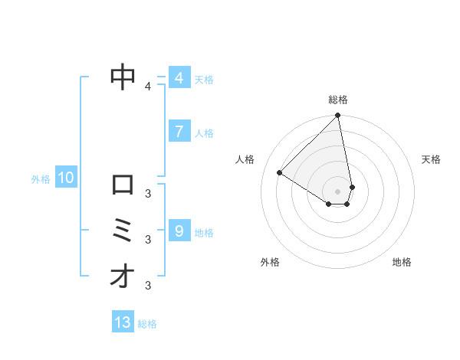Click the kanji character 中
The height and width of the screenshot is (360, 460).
pos(123,77)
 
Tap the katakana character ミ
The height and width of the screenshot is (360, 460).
pos(123,231)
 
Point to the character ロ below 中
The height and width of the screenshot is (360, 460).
pos(123,185)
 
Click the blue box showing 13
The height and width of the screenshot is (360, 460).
pos(123,322)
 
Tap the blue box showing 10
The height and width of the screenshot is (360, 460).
pos(66,178)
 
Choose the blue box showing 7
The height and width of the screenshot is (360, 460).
pos(179,132)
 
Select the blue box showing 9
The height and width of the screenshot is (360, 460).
pos(179,231)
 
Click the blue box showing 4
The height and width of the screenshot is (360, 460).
pos(179,78)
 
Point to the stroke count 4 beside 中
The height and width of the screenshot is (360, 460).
pos(148,87)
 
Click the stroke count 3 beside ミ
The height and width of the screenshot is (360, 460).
pos(148,239)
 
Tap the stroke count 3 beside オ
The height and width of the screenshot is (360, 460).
pos(148,286)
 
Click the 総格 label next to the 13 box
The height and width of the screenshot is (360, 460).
pos(147,324)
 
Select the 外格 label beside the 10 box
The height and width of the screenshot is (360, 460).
pos(41,179)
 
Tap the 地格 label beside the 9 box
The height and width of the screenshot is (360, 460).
pos(204,232)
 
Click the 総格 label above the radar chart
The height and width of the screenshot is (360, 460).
pos(338,100)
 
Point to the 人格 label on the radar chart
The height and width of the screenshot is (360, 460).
pos(245,159)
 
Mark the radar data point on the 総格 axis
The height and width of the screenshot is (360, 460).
pos(338,116)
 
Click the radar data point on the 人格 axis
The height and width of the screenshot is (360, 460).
pos(280,172)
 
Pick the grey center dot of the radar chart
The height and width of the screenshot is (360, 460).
pos(338,191)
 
